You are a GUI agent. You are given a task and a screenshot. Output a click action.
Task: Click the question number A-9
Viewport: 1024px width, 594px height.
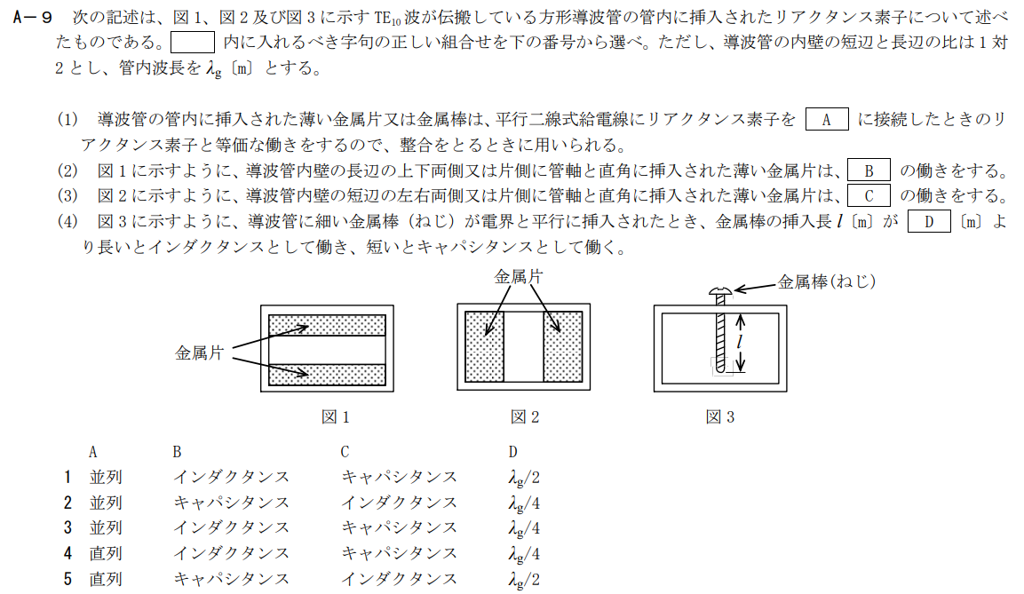pyautogui.click(x=35, y=19)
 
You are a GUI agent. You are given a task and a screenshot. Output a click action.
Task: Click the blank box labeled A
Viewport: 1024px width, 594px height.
pyautogui.click(x=826, y=120)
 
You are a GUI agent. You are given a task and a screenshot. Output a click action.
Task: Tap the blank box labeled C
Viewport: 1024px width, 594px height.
pyautogui.click(x=869, y=195)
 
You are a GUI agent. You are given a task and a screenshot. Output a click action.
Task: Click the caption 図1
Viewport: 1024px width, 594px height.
pyautogui.click(x=336, y=416)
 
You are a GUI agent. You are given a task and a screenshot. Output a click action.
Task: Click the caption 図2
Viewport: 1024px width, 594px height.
pyautogui.click(x=524, y=416)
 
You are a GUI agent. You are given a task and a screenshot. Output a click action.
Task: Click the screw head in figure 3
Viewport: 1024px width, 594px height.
pyautogui.click(x=719, y=291)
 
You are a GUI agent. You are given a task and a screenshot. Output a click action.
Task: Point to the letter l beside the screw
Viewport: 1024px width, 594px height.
pyautogui.click(x=739, y=342)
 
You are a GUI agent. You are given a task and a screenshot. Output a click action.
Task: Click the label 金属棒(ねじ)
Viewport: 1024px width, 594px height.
pyautogui.click(x=827, y=281)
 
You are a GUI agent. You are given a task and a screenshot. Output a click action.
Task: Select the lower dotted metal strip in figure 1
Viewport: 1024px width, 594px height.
pyautogui.click(x=326, y=370)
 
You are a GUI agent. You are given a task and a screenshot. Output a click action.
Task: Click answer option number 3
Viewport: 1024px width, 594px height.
pyautogui.click(x=67, y=528)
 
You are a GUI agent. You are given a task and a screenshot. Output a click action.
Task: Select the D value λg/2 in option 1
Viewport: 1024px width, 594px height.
pyautogui.click(x=524, y=477)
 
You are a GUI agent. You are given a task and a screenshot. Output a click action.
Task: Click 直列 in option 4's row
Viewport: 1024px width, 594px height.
pyautogui.click(x=105, y=554)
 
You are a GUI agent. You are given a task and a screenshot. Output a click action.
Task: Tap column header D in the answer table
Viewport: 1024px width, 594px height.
pyautogui.click(x=512, y=451)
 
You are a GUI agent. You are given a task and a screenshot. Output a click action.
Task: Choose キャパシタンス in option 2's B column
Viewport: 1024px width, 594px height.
pyautogui.click(x=231, y=503)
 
